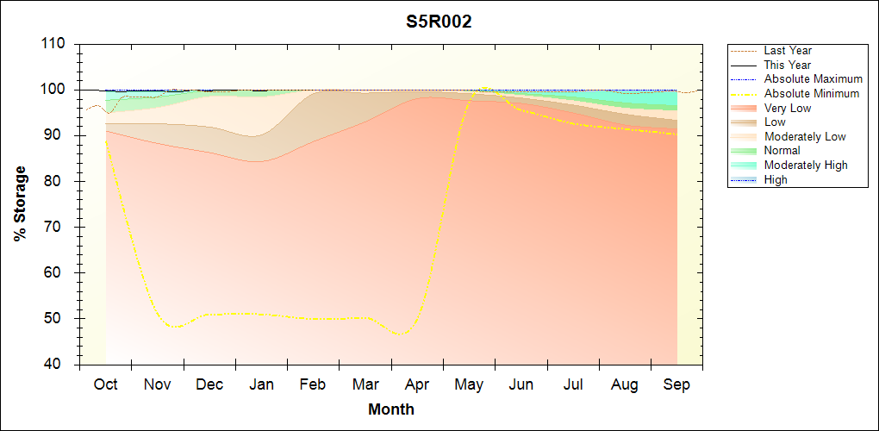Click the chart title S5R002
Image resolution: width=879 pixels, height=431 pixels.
(x=439, y=22)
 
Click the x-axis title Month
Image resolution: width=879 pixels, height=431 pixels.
(x=391, y=409)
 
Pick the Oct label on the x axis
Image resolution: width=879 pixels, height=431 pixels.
(x=105, y=384)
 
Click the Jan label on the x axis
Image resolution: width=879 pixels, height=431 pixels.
(x=261, y=384)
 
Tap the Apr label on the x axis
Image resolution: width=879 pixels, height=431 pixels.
(x=417, y=384)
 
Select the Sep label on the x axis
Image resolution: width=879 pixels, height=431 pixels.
(x=676, y=384)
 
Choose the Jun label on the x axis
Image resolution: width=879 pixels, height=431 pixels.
(x=521, y=384)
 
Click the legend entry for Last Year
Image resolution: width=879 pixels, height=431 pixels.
(x=788, y=51)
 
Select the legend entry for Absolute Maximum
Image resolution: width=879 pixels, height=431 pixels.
(x=813, y=79)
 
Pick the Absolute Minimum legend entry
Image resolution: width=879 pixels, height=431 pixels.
(x=812, y=94)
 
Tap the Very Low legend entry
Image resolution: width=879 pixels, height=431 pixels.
(x=788, y=108)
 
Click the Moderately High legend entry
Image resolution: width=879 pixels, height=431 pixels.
(x=806, y=165)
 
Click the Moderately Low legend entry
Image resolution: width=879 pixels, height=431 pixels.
(x=805, y=136)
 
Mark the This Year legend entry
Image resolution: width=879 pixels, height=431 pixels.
(x=788, y=66)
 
